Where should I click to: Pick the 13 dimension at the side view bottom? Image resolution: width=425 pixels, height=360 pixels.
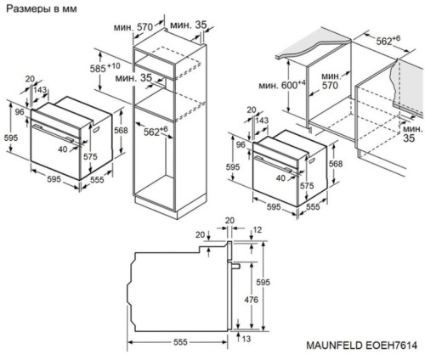tap(246, 339)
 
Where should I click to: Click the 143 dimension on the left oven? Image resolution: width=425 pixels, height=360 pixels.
tap(42, 90)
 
